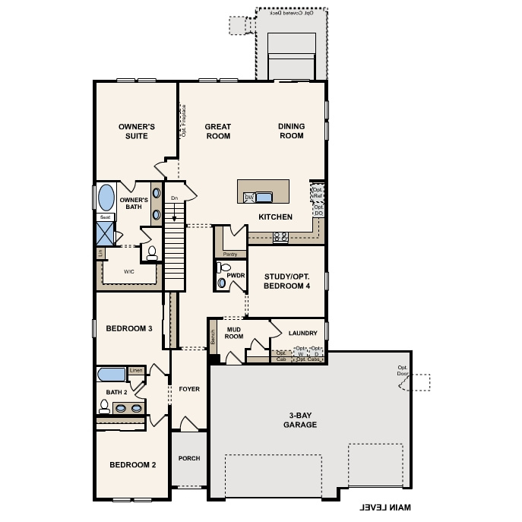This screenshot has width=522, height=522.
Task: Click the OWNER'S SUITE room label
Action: [x=137, y=131]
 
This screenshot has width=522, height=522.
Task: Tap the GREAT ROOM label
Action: [x=218, y=131]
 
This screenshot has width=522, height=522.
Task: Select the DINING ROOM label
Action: [x=290, y=131]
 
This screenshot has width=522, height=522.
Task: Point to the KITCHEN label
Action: [x=275, y=217]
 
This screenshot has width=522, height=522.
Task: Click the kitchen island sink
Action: [x=263, y=198]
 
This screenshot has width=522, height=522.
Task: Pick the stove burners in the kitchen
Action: [x=280, y=236]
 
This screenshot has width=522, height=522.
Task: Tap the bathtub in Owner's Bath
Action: [x=106, y=197]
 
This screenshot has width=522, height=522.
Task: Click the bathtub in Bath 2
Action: [x=112, y=375]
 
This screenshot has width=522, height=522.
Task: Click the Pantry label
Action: [x=230, y=254]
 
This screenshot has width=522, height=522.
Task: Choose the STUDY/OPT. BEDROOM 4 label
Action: [x=287, y=281]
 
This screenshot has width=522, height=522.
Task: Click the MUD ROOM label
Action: [x=234, y=332]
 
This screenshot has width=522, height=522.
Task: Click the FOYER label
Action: [x=189, y=389]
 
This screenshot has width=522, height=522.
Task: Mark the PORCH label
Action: [x=188, y=459]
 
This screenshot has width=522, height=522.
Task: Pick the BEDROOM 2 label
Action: [x=132, y=465]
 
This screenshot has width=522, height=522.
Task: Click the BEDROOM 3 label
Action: [x=129, y=328]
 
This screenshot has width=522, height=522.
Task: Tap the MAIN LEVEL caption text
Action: [x=385, y=507]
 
